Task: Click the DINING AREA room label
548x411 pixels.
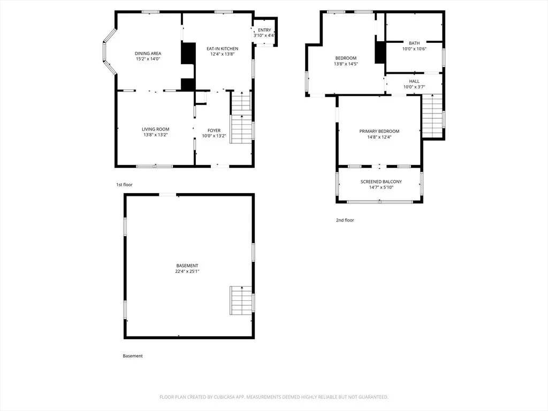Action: click(x=148, y=54)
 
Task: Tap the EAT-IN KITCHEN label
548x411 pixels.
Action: click(x=222, y=49)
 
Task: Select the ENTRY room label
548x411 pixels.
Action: click(x=264, y=30)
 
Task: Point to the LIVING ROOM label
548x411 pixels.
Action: click(x=156, y=130)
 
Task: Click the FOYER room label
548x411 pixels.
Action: click(x=214, y=131)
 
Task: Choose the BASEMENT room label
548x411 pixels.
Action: click(x=187, y=265)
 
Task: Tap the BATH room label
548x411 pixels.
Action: click(x=414, y=43)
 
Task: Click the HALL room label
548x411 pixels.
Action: click(x=414, y=81)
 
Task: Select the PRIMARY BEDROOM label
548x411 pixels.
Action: click(x=379, y=132)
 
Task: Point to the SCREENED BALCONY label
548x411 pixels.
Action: click(x=381, y=182)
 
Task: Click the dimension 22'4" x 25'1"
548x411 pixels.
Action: click(x=187, y=271)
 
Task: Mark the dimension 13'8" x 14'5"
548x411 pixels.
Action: click(x=346, y=64)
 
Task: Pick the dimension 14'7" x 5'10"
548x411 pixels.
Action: click(x=381, y=187)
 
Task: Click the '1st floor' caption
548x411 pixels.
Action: click(x=124, y=185)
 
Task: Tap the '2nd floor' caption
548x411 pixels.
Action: click(x=345, y=220)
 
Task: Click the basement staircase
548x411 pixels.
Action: click(x=241, y=300)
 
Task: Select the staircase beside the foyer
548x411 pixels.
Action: click(x=241, y=117)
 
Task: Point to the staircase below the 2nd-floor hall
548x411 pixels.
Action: click(x=432, y=116)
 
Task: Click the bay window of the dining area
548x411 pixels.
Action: click(x=109, y=52)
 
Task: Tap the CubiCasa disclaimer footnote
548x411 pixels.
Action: click(x=274, y=397)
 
